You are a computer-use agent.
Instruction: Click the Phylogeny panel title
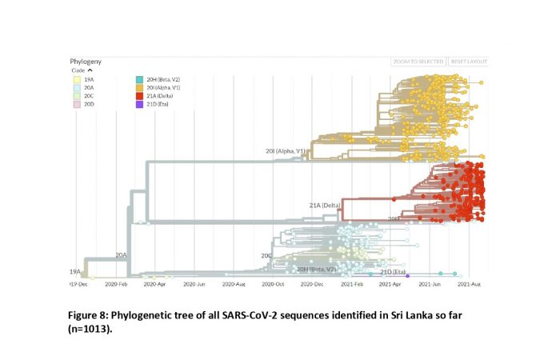[86, 62]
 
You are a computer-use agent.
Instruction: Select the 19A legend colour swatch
[76, 79]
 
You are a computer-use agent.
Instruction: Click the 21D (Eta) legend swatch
[140, 104]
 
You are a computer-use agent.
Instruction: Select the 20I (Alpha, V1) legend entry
[166, 87]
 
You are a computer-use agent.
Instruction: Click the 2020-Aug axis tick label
[238, 284]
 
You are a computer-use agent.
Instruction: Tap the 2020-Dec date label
[314, 284]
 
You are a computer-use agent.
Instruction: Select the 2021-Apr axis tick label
[390, 284]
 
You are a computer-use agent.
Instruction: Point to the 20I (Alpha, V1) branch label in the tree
[285, 150]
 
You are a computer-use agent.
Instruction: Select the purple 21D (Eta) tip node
[407, 274]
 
